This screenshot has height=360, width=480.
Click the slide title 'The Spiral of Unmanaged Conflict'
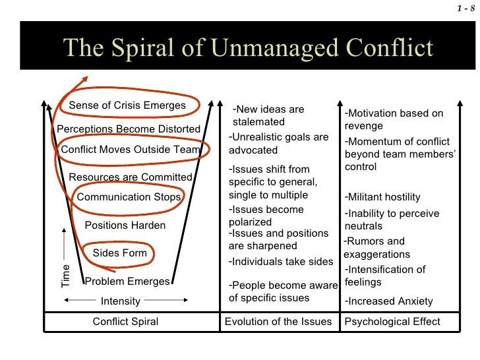[x=248, y=47]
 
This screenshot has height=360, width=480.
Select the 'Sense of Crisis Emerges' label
[x=127, y=105]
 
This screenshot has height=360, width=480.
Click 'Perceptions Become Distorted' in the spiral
[x=129, y=129]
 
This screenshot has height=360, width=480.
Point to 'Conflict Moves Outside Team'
[x=130, y=150]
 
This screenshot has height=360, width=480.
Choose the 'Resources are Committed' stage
[x=131, y=177]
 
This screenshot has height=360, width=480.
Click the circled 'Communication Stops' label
[x=129, y=196]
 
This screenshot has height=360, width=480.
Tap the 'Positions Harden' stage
[x=125, y=225]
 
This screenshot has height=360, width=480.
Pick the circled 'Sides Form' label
[x=119, y=253]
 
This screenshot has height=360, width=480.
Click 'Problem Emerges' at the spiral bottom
[x=127, y=282]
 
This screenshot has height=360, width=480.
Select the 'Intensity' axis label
[x=120, y=301]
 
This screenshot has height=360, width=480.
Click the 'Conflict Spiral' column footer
[x=125, y=322]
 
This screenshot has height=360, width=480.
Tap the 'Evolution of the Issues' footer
[x=278, y=322]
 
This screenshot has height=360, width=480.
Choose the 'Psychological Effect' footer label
[x=392, y=322]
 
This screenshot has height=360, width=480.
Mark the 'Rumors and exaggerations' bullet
[x=377, y=248]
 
